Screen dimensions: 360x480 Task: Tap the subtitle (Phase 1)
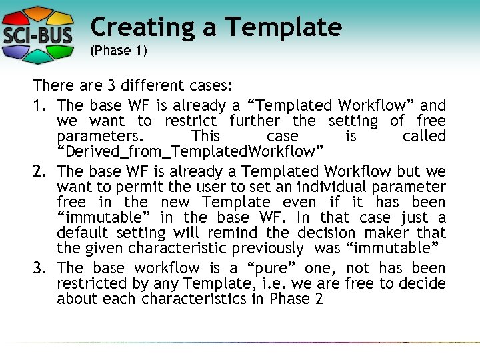pos(118,51)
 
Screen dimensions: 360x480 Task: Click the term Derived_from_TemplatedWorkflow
pos(190,151)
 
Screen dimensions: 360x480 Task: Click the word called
pos(424,136)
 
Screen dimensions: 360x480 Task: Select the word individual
pos(331,187)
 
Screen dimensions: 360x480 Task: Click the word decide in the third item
pos(425,284)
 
